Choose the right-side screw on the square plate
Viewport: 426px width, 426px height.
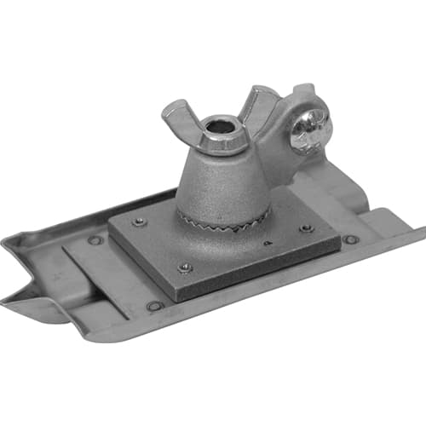[x=305, y=228]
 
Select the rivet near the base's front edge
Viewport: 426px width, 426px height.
[x=155, y=305]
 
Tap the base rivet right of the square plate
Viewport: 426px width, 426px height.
[x=349, y=239]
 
